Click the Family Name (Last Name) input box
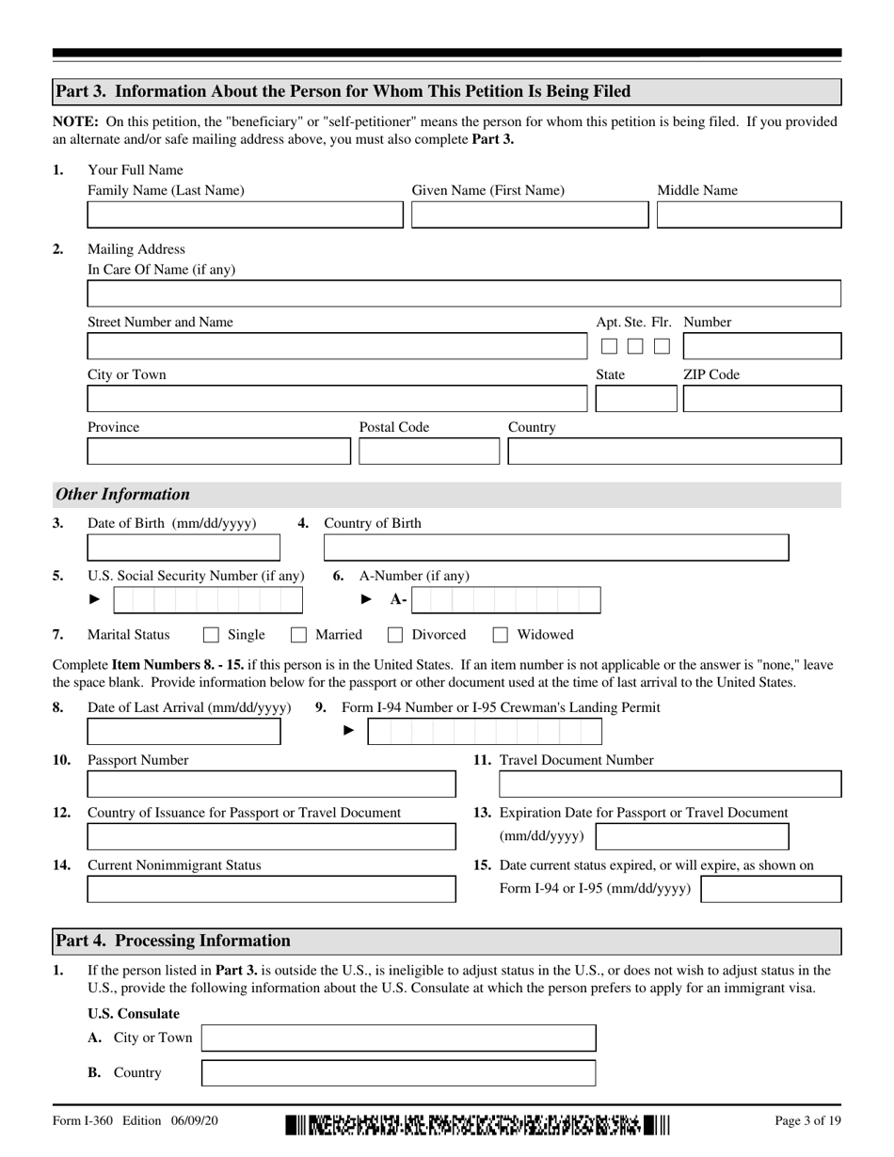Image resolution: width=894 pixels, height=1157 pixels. pyautogui.click(x=245, y=215)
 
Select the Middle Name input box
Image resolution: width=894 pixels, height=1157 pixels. pyautogui.click(x=748, y=215)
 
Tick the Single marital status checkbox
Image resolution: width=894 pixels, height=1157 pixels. pyautogui.click(x=212, y=635)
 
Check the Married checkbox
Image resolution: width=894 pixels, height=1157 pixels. pyautogui.click(x=298, y=635)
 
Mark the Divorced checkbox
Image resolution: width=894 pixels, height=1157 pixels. pyautogui.click(x=395, y=635)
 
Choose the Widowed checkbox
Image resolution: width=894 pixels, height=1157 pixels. pyautogui.click(x=501, y=635)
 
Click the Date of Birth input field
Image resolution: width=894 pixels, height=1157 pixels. pyautogui.click(x=184, y=547)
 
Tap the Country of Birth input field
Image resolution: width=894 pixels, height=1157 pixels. pyautogui.click(x=555, y=547)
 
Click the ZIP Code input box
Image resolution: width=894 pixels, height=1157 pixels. pyautogui.click(x=761, y=400)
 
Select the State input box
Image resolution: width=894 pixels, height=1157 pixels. pyautogui.click(x=635, y=400)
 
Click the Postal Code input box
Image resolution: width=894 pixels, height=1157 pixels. pyautogui.click(x=428, y=452)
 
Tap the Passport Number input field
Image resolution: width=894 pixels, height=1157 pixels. pyautogui.click(x=271, y=785)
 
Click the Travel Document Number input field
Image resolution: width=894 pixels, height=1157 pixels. pyautogui.click(x=669, y=785)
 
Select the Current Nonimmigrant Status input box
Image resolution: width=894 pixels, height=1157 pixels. pyautogui.click(x=271, y=890)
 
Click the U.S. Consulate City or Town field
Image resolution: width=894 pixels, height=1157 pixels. pyautogui.click(x=399, y=1038)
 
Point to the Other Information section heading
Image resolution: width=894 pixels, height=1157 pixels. pyautogui.click(x=122, y=495)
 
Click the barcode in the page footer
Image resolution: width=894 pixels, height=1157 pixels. pyautogui.click(x=477, y=1124)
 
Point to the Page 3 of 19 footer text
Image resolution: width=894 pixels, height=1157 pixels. pyautogui.click(x=806, y=1120)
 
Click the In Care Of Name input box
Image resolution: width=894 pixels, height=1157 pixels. pyautogui.click(x=464, y=294)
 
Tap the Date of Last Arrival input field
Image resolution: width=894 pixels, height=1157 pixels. pyautogui.click(x=184, y=732)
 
